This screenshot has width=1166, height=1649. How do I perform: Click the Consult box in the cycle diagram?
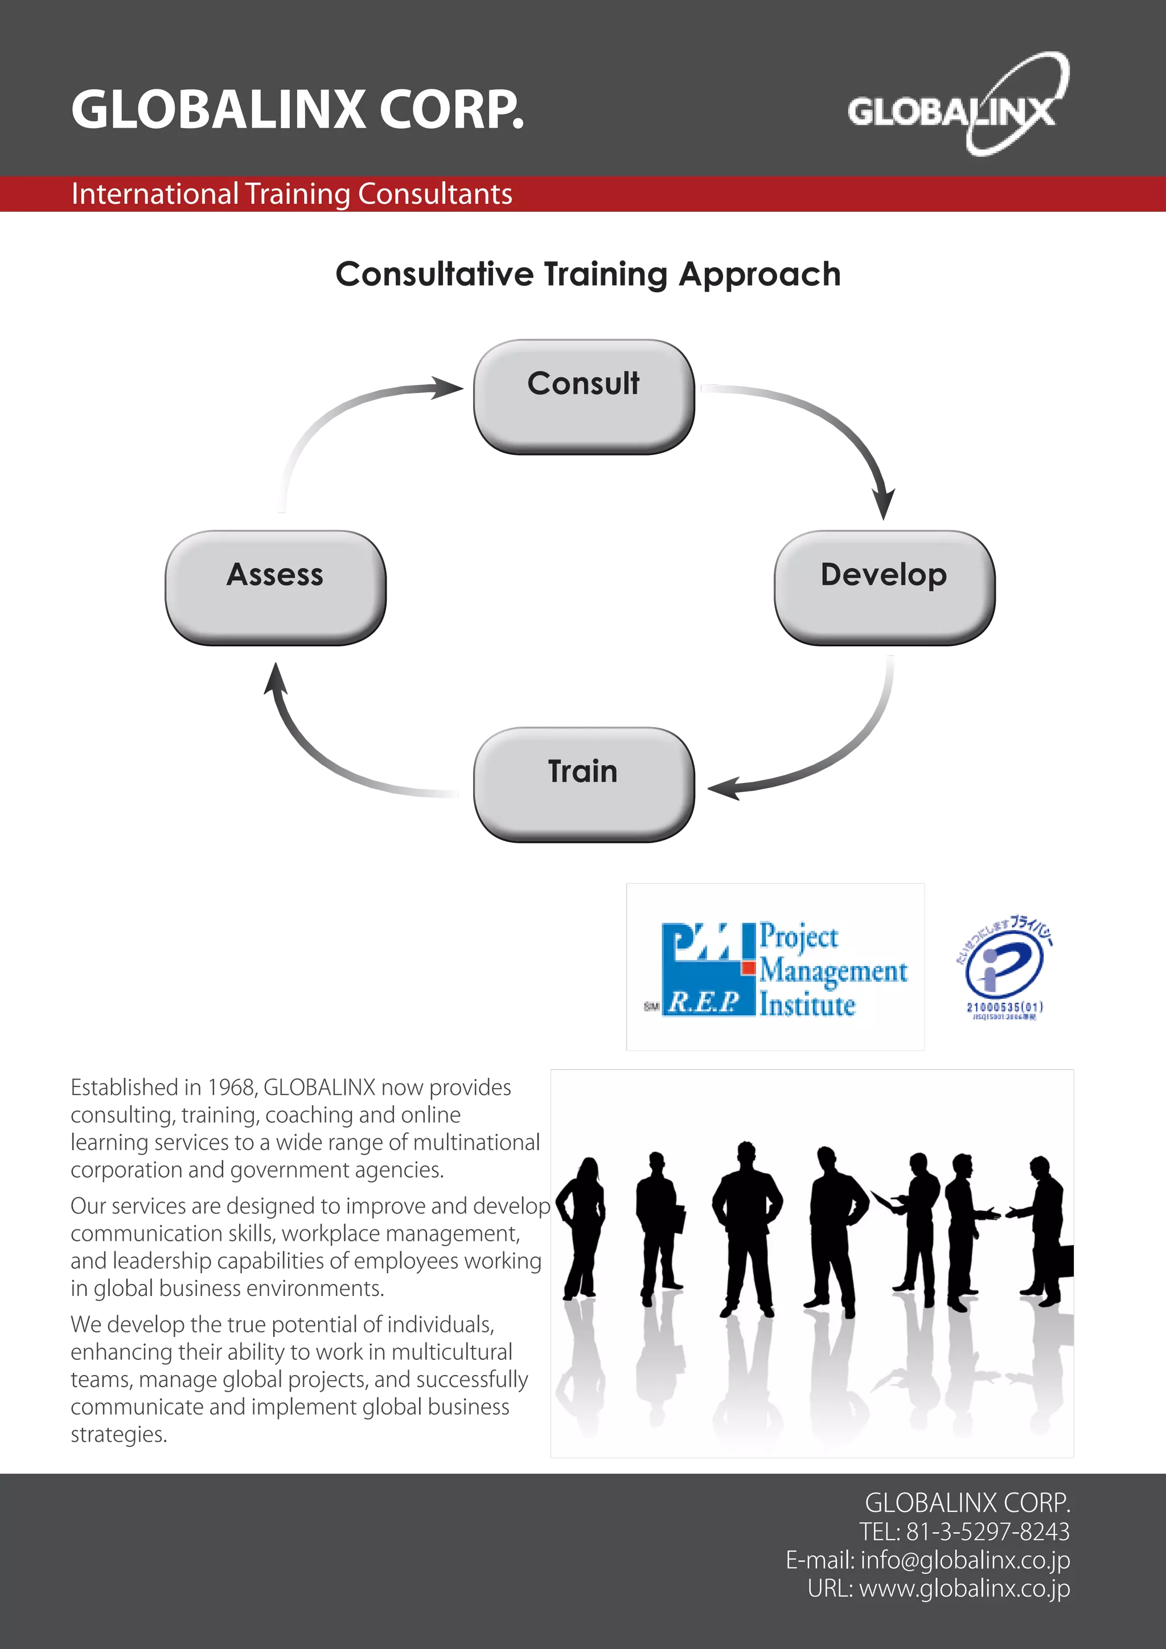582,396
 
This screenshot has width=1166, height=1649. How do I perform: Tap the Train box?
582,783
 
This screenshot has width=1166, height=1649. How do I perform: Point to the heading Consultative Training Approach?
588,274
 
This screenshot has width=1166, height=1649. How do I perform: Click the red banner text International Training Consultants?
291,194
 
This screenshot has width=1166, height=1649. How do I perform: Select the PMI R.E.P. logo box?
774,967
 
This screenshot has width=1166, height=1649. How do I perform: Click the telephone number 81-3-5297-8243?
987,1531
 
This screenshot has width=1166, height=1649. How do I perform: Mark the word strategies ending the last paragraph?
118,1434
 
